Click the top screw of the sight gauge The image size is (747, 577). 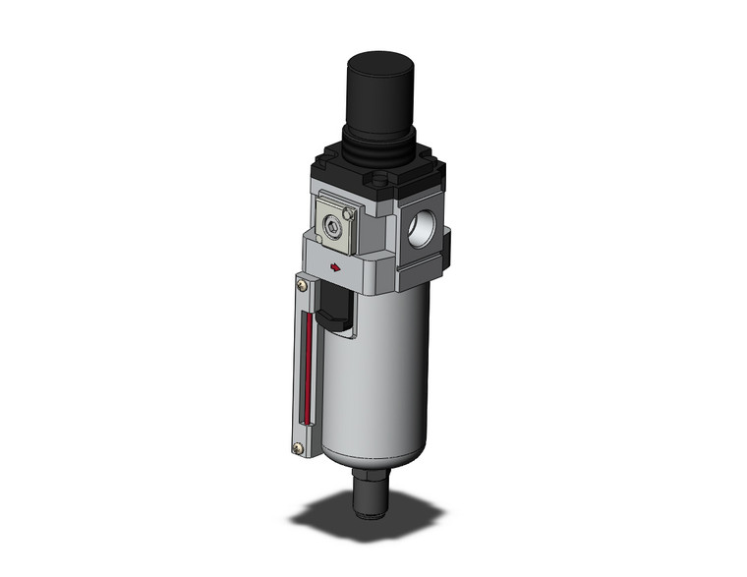(301, 286)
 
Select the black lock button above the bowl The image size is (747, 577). (335, 310)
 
